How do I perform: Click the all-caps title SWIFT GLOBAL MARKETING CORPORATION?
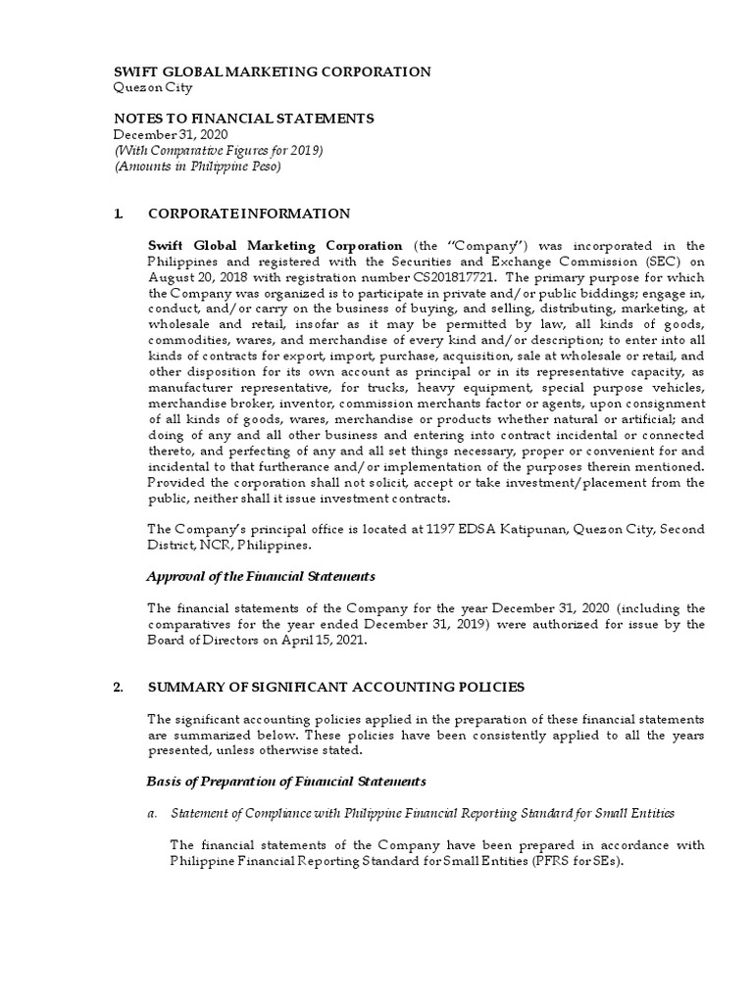click(x=273, y=72)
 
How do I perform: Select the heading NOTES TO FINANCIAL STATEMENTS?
click(x=244, y=118)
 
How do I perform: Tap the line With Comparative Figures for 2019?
click(x=219, y=150)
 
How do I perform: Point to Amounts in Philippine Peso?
click(x=198, y=166)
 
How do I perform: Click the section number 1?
click(x=119, y=213)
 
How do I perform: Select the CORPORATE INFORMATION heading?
click(x=248, y=213)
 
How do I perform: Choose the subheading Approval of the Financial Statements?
click(x=261, y=576)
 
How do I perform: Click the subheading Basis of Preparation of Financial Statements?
click(x=286, y=781)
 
